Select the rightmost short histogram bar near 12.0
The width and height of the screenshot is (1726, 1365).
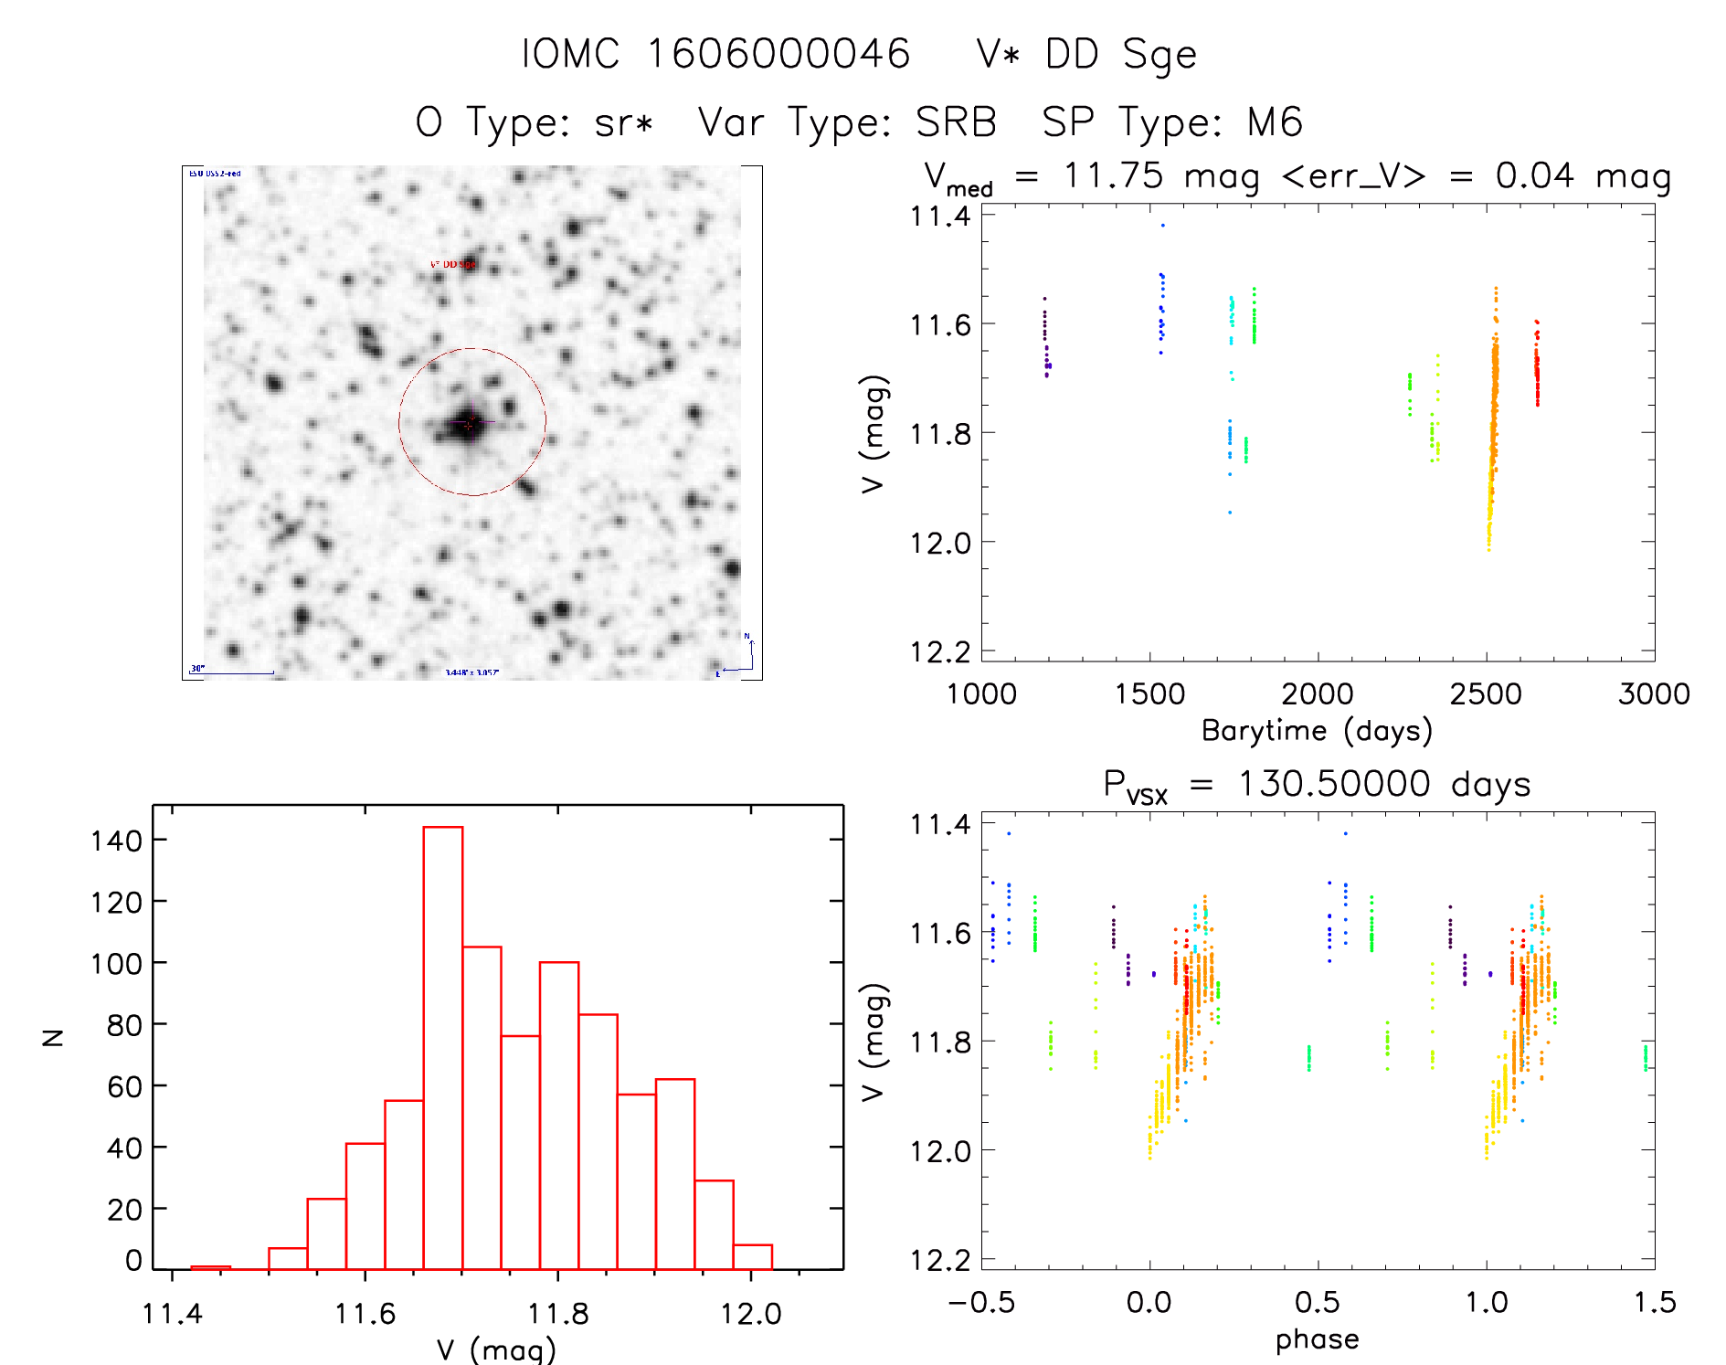(753, 1256)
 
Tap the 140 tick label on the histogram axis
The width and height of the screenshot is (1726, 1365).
(116, 841)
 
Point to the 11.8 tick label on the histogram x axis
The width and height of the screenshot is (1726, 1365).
(558, 1313)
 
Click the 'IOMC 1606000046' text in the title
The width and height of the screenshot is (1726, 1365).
(715, 54)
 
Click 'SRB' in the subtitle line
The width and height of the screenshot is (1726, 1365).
(956, 122)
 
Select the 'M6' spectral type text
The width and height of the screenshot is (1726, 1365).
(1275, 122)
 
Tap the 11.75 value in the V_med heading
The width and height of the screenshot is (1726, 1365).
(1113, 175)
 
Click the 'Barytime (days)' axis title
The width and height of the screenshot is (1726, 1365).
(1317, 731)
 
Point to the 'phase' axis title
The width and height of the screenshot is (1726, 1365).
(1317, 1339)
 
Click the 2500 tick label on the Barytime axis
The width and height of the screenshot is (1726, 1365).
(1486, 694)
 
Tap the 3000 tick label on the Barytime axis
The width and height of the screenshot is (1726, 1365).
(1654, 694)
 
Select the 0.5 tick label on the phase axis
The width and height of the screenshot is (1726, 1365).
(1318, 1302)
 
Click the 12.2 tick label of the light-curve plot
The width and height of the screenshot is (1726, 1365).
(939, 651)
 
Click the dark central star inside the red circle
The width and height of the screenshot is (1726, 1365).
(469, 424)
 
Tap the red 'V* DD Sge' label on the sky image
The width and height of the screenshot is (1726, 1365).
(452, 264)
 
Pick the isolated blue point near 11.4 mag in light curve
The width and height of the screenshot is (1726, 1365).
(1163, 225)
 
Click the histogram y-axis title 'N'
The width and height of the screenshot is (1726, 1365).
(54, 1037)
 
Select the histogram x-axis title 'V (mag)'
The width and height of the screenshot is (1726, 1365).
(496, 1349)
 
